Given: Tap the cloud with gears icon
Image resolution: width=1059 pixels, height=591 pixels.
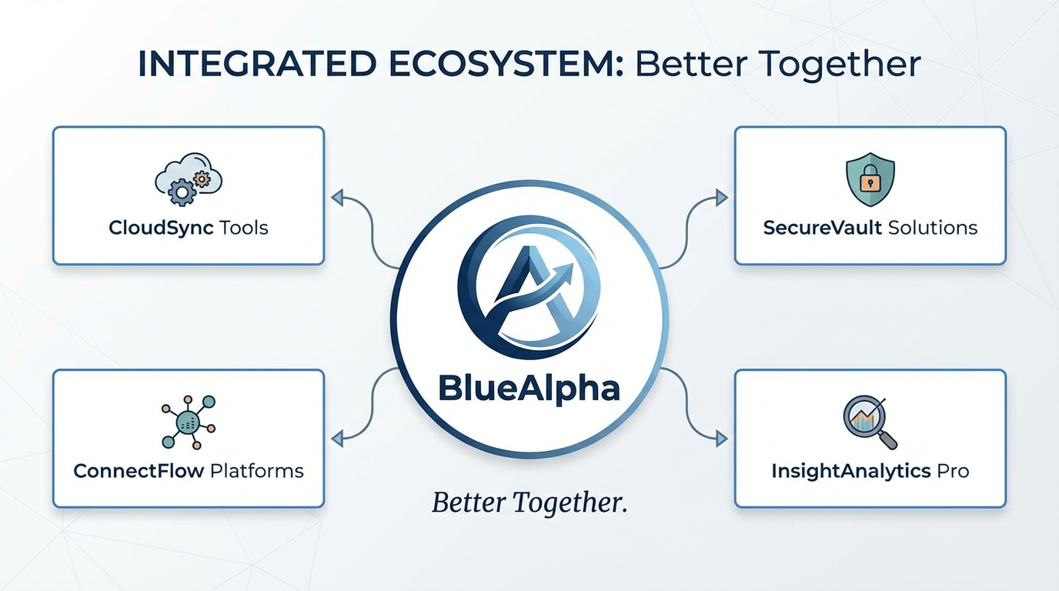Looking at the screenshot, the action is pyautogui.click(x=189, y=179).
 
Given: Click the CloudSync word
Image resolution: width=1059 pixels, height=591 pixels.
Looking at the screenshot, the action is pyautogui.click(x=161, y=228).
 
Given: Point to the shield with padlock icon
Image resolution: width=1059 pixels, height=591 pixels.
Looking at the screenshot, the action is pyautogui.click(x=870, y=179).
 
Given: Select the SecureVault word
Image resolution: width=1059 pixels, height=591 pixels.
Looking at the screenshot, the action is pyautogui.click(x=823, y=228).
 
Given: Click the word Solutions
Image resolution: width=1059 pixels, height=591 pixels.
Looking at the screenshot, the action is pyautogui.click(x=933, y=228).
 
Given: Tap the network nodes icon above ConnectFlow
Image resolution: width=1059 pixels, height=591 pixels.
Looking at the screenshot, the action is pyautogui.click(x=189, y=422).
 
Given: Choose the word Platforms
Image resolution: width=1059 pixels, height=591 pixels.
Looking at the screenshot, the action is pyautogui.click(x=257, y=471).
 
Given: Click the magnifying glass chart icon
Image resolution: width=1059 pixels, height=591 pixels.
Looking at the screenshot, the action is pyautogui.click(x=870, y=422).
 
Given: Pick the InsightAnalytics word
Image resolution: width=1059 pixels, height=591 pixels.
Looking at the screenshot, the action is pyautogui.click(x=851, y=472).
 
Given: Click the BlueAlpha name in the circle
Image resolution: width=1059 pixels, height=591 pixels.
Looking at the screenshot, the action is pyautogui.click(x=529, y=389).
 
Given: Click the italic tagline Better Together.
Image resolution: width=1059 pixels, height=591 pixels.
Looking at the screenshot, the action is pyautogui.click(x=529, y=502).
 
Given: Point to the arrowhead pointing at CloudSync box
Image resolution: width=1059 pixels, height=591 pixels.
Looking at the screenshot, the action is pyautogui.click(x=337, y=197).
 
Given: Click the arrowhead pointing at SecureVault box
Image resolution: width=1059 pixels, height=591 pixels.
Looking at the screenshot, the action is pyautogui.click(x=721, y=197).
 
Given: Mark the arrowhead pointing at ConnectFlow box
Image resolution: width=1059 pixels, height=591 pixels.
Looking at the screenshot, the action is pyautogui.click(x=337, y=439).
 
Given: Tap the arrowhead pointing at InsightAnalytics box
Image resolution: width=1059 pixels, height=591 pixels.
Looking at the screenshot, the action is pyautogui.click(x=721, y=439).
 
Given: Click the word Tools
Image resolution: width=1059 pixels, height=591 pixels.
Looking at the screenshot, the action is pyautogui.click(x=244, y=228).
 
